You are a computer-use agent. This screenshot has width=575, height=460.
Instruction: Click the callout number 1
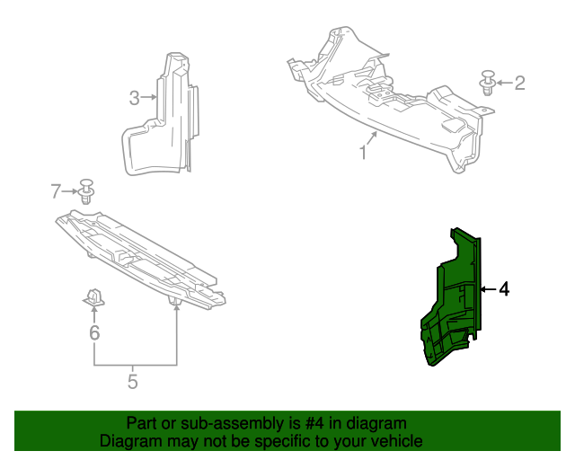coord(364,153)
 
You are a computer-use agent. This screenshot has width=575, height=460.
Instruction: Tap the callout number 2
coord(519,83)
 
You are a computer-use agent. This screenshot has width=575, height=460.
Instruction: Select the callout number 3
coord(134,98)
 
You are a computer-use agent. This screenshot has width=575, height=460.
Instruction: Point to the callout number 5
coord(133,382)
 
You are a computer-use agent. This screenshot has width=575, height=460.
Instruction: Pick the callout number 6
coord(94,333)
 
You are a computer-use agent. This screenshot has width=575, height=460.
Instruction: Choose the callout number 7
coord(56,190)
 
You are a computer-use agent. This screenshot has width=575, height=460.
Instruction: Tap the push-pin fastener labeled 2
coord(488,82)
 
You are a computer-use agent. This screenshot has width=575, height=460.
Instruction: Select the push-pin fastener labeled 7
coord(87,190)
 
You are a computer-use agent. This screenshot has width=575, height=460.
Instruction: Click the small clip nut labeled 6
coord(94,297)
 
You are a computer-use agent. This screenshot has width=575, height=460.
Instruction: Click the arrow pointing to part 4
coord(487,289)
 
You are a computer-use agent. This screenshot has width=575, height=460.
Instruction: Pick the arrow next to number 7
coord(70,190)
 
